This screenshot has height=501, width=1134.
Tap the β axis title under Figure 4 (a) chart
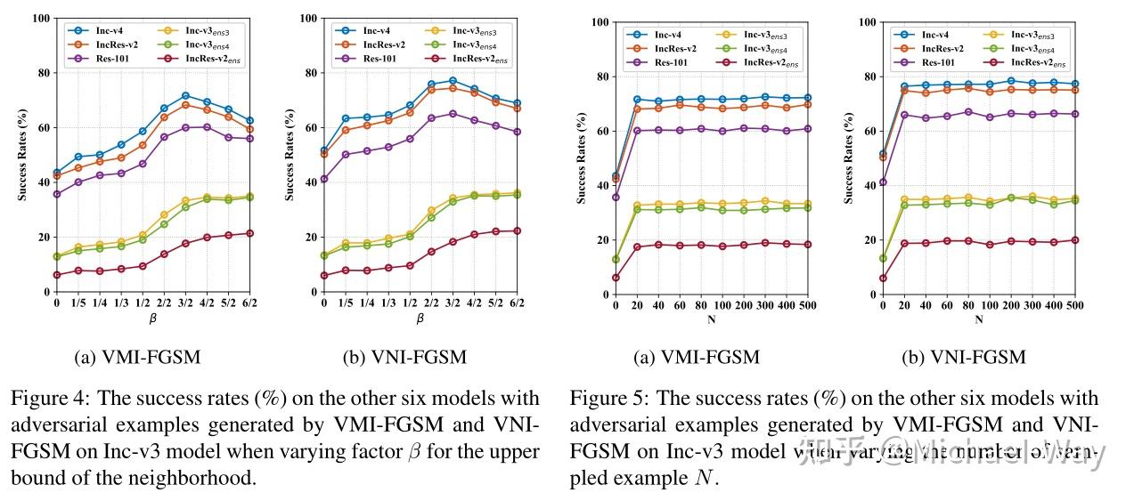click(153, 317)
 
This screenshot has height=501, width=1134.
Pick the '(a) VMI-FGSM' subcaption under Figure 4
click(138, 358)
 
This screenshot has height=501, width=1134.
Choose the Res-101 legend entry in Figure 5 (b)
click(938, 62)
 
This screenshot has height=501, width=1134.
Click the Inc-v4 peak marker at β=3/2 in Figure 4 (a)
click(185, 95)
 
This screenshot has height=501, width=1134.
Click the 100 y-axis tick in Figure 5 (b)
click(864, 22)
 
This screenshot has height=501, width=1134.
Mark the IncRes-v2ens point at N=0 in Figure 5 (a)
click(616, 278)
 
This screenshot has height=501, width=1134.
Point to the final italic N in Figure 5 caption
click(703, 478)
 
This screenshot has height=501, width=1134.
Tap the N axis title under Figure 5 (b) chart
click(979, 319)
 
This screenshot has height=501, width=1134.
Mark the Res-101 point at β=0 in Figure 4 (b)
click(324, 179)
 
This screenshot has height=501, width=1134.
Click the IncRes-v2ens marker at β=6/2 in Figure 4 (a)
click(250, 233)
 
